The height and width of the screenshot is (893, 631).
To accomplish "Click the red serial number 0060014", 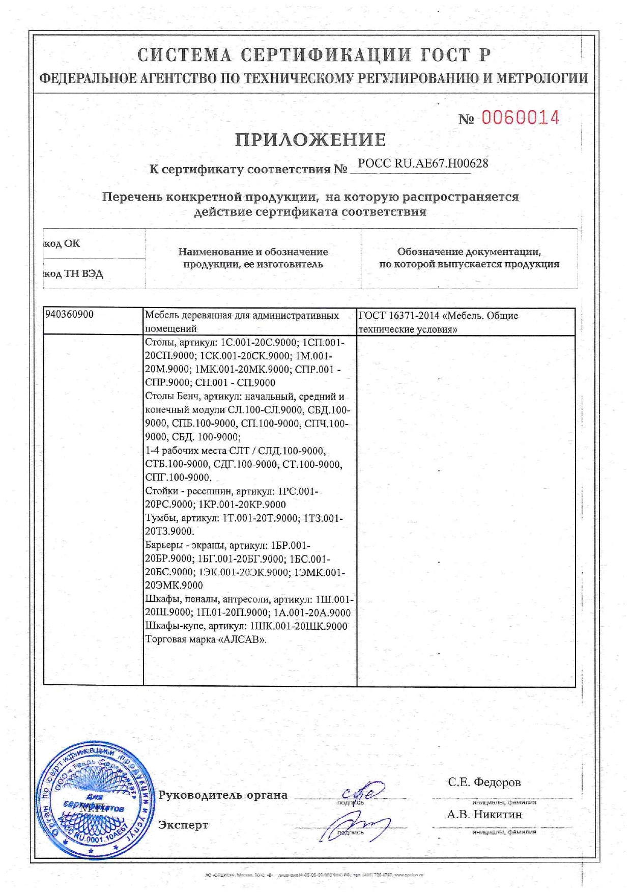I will tap(520, 118).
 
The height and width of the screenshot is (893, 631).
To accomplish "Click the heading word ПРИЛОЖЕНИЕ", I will tap(310, 139).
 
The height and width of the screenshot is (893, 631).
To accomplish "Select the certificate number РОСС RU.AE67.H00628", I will tap(423, 163).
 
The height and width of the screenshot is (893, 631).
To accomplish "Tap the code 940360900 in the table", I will tap(69, 314).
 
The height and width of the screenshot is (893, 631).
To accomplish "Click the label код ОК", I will tap(62, 243).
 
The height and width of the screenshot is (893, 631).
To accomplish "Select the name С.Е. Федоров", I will tap(484, 782).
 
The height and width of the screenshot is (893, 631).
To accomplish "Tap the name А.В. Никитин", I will tap(484, 814).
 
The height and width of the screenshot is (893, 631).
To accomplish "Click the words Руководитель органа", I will tap(223, 795).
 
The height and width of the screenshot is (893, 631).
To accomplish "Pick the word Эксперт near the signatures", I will tap(183, 825).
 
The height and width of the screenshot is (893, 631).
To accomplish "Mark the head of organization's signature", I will tap(362, 792).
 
